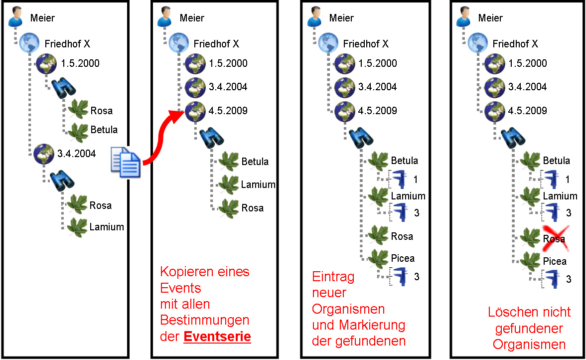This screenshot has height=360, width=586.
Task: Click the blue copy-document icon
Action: tap(126, 162)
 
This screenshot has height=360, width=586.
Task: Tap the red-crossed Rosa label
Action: tap(554, 239)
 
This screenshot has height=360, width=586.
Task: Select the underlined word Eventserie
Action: tap(217, 337)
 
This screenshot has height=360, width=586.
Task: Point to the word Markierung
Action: tap(372, 325)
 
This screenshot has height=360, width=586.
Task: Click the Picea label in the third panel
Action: tap(403, 258)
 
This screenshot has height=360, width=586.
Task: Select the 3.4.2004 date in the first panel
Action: tap(76, 153)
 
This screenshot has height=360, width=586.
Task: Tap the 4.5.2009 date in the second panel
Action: tap(228, 111)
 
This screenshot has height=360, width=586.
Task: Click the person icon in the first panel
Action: tap(15, 17)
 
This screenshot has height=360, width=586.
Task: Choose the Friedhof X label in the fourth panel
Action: tap(515, 44)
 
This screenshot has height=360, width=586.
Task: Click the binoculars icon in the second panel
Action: tap(211, 138)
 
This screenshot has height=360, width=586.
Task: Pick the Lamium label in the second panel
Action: tap(258, 184)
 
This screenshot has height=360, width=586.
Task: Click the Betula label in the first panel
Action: tap(104, 130)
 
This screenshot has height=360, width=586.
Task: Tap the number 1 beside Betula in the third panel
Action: tap(415, 180)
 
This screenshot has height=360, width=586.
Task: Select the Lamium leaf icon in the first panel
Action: tap(77, 227)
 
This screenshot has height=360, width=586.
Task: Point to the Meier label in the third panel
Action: tap(341, 18)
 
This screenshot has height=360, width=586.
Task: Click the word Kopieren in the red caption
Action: tap(184, 272)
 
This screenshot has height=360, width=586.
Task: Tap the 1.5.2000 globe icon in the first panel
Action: tap(46, 64)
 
